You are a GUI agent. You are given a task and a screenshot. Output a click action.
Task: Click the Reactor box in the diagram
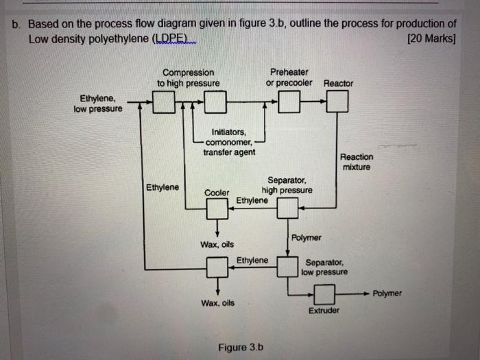click(337, 103)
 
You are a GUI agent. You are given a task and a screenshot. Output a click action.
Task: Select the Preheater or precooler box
click(289, 103)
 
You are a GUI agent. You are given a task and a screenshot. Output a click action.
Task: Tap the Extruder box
click(324, 296)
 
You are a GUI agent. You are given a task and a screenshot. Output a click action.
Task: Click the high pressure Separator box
click(287, 208)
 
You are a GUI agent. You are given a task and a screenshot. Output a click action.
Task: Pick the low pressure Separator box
click(287, 265)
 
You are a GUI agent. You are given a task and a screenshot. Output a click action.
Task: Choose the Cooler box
click(217, 208)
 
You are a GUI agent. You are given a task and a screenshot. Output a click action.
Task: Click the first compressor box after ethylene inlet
click(163, 104)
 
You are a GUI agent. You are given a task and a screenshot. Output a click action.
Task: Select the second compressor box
click(215, 104)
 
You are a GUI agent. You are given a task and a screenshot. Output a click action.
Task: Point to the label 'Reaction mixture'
click(357, 162)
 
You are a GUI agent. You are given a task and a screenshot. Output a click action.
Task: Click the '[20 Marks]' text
click(431, 38)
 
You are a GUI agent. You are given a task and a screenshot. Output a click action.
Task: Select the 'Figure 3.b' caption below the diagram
click(241, 347)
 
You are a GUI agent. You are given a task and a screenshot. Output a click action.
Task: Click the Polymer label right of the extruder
click(387, 293)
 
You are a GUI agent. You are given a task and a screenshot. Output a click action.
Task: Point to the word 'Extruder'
click(324, 311)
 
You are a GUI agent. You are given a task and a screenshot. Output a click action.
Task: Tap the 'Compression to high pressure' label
click(188, 77)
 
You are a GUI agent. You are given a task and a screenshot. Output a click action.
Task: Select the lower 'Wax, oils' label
click(217, 302)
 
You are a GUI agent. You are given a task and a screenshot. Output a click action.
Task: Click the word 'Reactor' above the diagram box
click(338, 83)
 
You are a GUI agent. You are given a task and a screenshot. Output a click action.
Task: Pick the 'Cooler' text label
click(217, 193)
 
